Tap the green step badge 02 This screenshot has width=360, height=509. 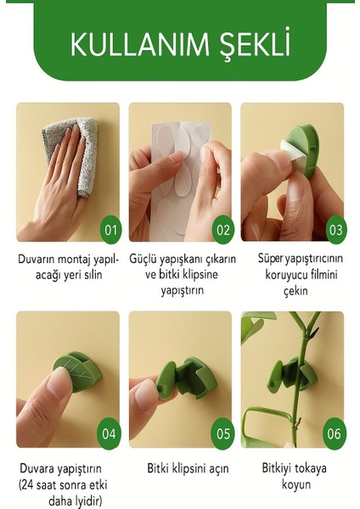click(x=222, y=229)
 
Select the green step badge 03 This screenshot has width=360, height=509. click(x=335, y=229)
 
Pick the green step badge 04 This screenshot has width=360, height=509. click(x=110, y=433)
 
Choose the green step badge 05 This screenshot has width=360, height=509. click(x=222, y=433)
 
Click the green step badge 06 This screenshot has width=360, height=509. click(x=335, y=433)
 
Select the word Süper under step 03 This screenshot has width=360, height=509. click(x=273, y=256)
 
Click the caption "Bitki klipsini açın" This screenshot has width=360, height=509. click(x=181, y=468)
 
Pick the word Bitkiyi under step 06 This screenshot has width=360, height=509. click(x=278, y=468)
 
